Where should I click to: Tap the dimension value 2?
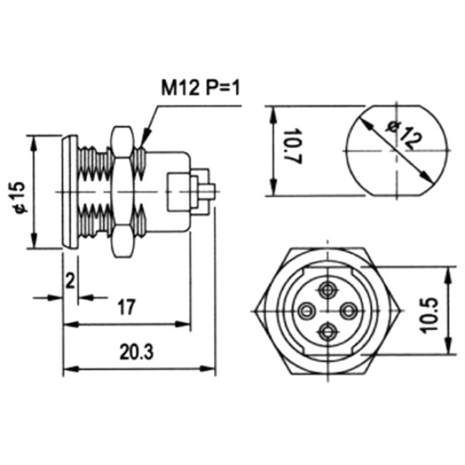[70, 280]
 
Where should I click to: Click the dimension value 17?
[126, 308]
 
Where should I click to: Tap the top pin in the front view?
[328, 290]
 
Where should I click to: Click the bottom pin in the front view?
[328, 331]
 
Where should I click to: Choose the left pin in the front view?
[307, 310]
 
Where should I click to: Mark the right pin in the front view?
[350, 310]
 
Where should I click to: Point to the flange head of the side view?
[69, 192]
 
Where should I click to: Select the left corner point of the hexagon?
[257, 310]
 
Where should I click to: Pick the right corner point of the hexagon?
[400, 310]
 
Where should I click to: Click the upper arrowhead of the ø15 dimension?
[33, 139]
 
